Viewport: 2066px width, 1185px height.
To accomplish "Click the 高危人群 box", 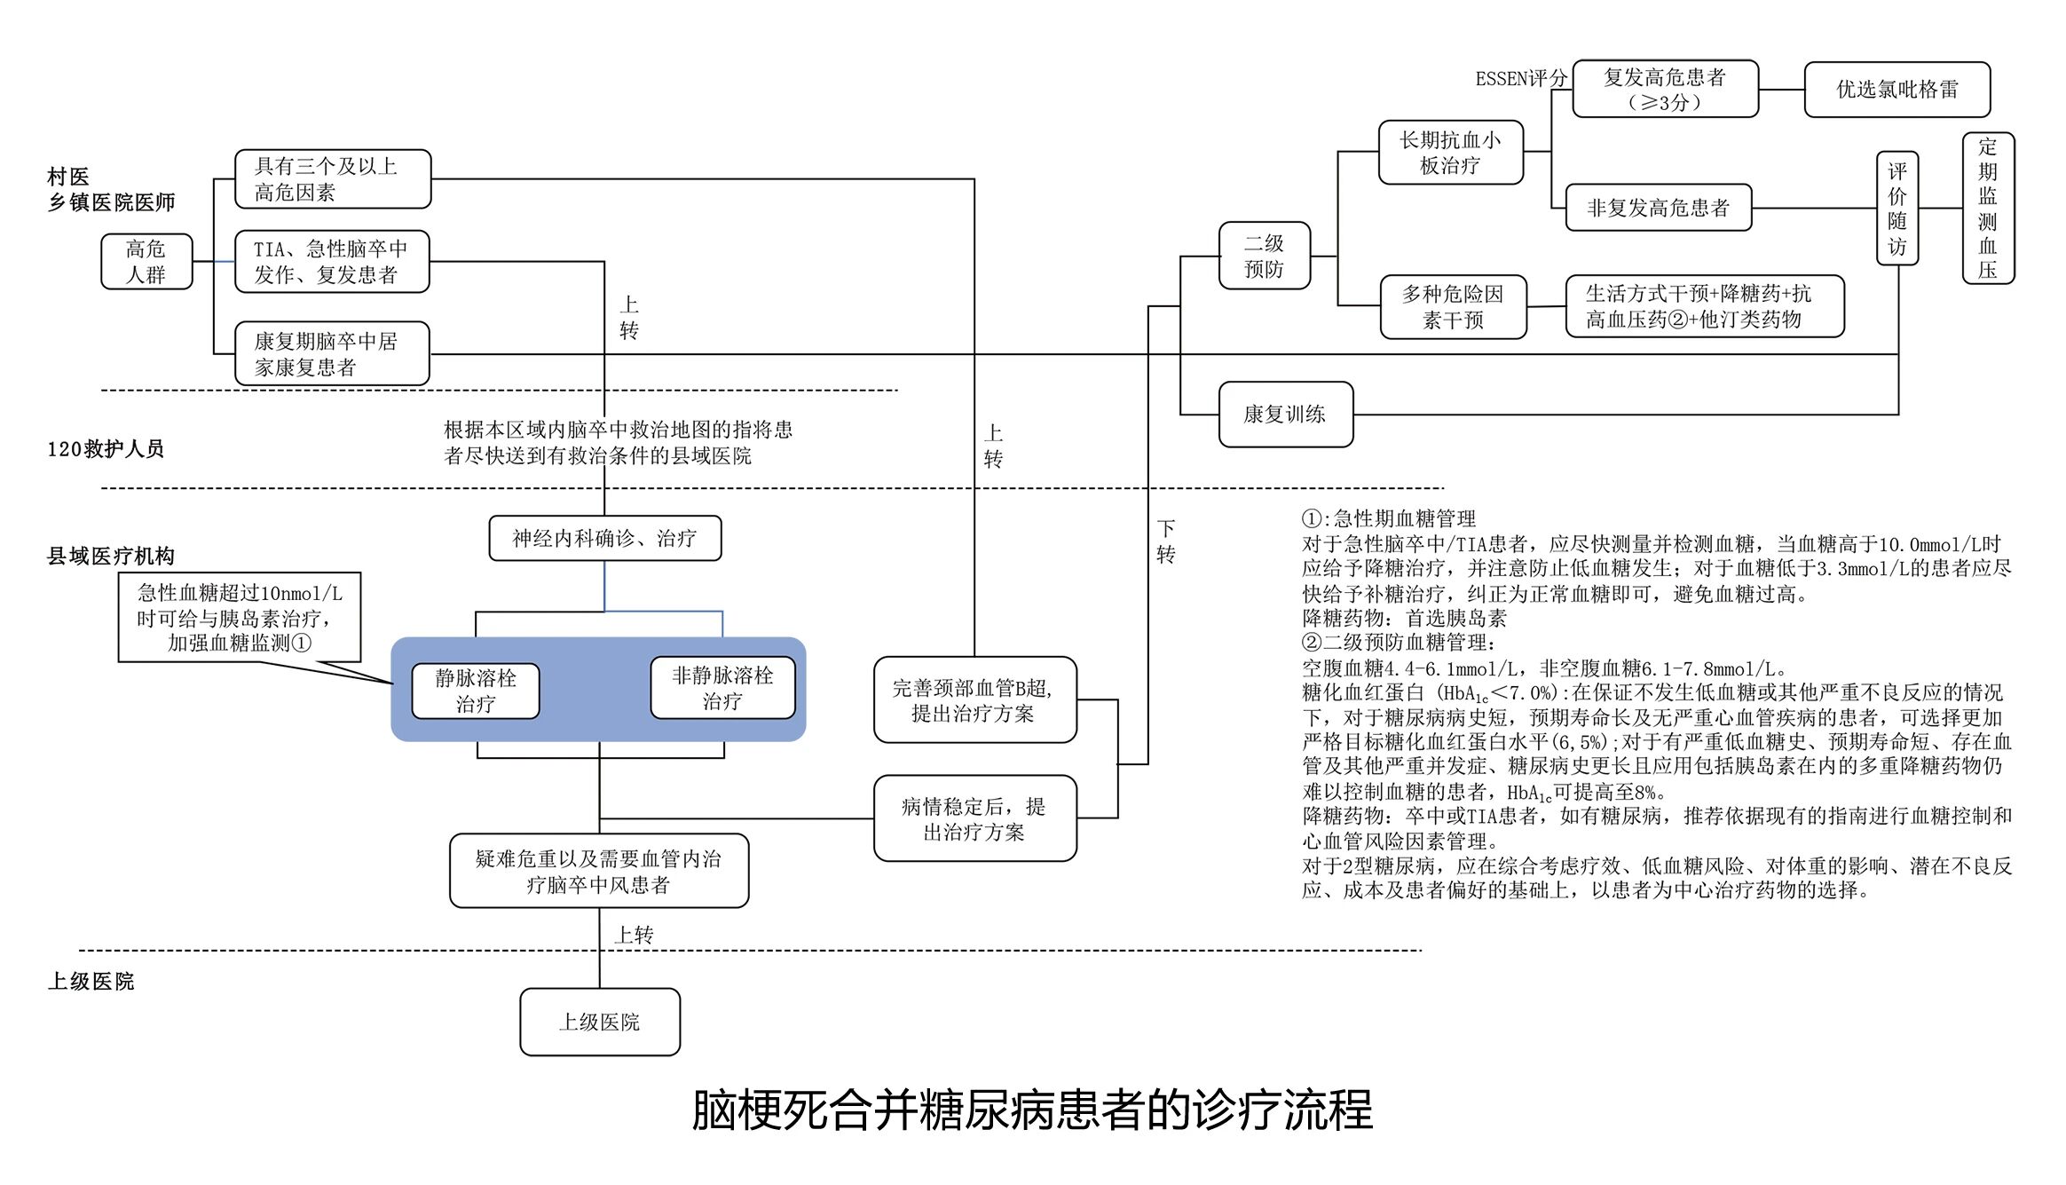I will pyautogui.click(x=146, y=262).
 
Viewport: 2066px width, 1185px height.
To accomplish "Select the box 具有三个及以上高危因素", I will pyautogui.click(x=333, y=179).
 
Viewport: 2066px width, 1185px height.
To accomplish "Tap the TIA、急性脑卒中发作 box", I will pyautogui.click(x=332, y=262).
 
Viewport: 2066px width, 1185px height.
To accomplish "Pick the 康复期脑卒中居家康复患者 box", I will pyautogui.click(x=332, y=353).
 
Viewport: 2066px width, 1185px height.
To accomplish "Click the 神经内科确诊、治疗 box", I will pyautogui.click(x=604, y=538).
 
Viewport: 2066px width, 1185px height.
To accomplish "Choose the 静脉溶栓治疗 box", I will pyautogui.click(x=476, y=691).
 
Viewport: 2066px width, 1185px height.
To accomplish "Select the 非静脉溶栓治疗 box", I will pyautogui.click(x=722, y=688).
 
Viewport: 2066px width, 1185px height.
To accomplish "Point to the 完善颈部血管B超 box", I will pyautogui.click(x=974, y=699).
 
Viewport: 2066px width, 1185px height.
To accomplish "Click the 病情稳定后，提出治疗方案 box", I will pyautogui.click(x=974, y=818).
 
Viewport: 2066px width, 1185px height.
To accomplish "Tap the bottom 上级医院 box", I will pyautogui.click(x=600, y=1022).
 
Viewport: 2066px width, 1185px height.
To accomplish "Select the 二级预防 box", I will pyautogui.click(x=1264, y=256).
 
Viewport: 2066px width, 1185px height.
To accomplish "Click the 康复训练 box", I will pyautogui.click(x=1285, y=415).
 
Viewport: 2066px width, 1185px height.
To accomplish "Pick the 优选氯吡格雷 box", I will pyautogui.click(x=1896, y=90).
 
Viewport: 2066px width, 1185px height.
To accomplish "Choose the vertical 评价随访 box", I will pyautogui.click(x=1897, y=209).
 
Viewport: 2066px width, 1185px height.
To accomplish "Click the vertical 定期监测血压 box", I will pyautogui.click(x=1988, y=209).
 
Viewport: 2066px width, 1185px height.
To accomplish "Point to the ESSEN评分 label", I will pyautogui.click(x=1520, y=79).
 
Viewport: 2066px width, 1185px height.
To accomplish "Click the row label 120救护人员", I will pyautogui.click(x=106, y=449).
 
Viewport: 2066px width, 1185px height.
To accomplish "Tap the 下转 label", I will pyautogui.click(x=1165, y=541).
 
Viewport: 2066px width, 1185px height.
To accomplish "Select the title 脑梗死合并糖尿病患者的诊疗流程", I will pyautogui.click(x=1032, y=1110).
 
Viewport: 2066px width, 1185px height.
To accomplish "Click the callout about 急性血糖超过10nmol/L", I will pyautogui.click(x=240, y=618).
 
